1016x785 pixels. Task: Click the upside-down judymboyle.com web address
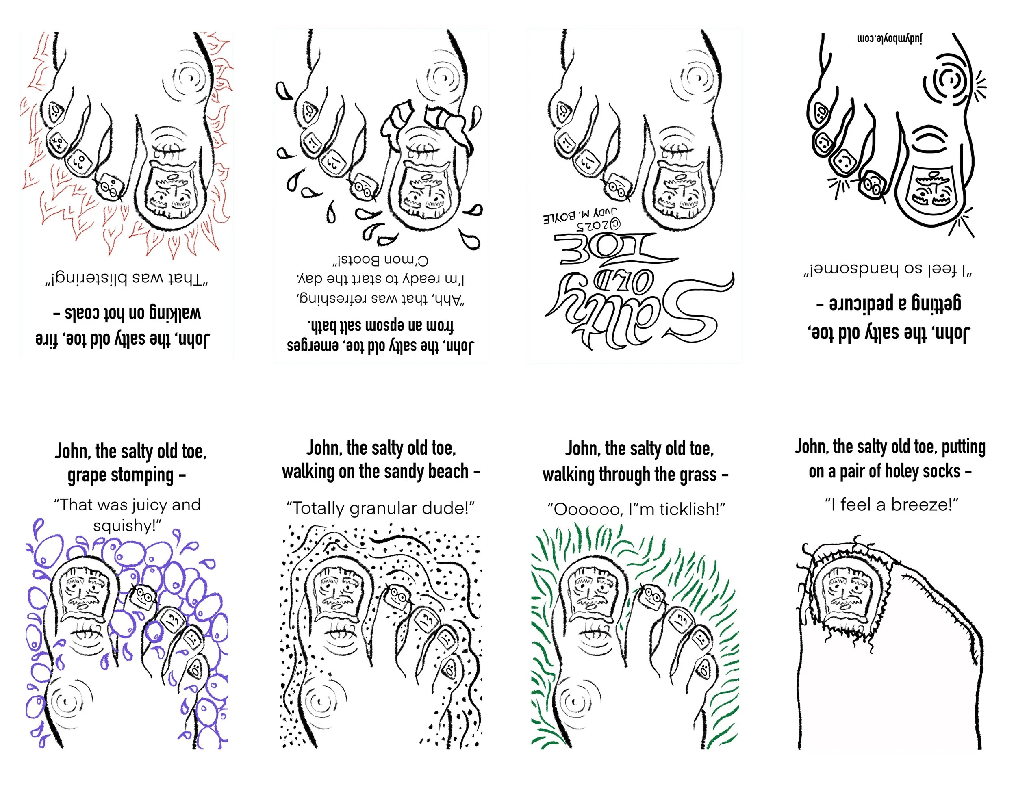point(890,39)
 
